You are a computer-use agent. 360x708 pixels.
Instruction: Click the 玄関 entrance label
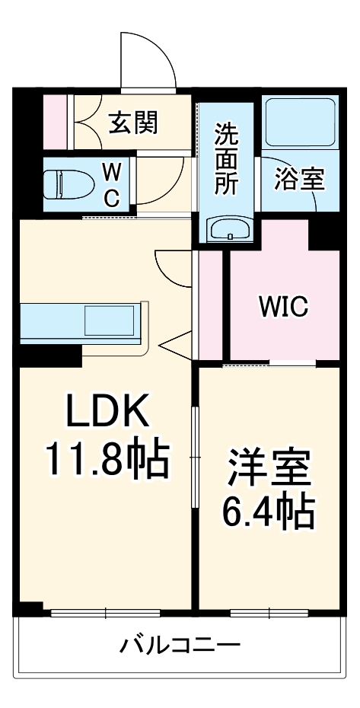coord(133,123)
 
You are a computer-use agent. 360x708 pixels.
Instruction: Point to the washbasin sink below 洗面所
coord(229,229)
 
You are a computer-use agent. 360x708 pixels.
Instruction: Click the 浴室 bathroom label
coord(299,180)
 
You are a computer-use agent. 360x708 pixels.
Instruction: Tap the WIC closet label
coord(284,306)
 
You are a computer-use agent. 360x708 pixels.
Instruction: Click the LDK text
coord(108,410)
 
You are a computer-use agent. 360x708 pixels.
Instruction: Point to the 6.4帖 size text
coord(267,512)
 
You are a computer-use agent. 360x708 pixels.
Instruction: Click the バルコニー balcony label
coord(180,646)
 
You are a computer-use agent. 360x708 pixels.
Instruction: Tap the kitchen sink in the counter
coord(110,321)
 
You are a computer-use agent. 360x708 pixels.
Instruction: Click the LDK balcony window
coord(106,613)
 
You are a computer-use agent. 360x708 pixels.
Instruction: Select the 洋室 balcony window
coord(269,613)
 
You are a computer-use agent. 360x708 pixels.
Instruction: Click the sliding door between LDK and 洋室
coord(195,457)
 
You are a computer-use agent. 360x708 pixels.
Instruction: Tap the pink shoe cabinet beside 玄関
coord(56,122)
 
